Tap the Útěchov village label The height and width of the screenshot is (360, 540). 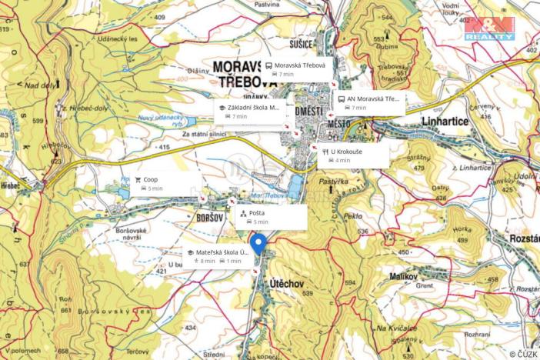coord(287,283)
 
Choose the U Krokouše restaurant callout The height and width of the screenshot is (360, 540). coord(353,155)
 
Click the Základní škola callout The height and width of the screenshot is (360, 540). coord(250,112)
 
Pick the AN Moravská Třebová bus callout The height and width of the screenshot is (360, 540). coord(369,102)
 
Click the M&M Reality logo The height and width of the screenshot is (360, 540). coord(488,28)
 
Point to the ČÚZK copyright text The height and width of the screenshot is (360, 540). coord(522,354)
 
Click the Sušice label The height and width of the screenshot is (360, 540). coord(299,44)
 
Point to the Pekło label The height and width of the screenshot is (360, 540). coord(352,217)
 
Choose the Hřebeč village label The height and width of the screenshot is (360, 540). coord(12,185)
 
